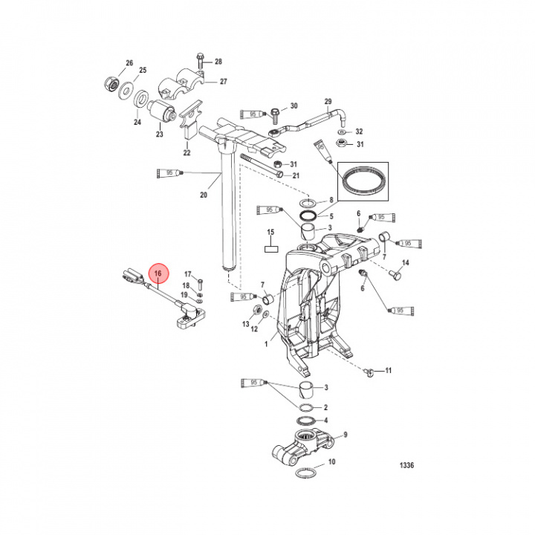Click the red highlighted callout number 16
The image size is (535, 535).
tap(158, 273)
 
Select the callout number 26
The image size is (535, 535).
tap(129, 62)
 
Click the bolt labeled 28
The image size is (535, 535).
tap(201, 59)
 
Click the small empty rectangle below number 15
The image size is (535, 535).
tap(271, 250)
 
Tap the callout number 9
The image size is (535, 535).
tap(345, 435)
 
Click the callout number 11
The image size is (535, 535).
tap(388, 369)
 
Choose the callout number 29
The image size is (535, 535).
tap(327, 101)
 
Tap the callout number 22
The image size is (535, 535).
tap(187, 153)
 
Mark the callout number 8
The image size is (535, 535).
tap(331, 201)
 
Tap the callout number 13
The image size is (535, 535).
tap(245, 325)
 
